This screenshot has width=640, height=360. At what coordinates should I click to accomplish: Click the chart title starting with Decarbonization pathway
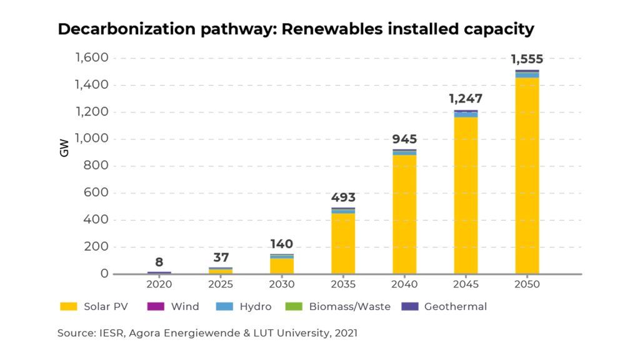click(296, 29)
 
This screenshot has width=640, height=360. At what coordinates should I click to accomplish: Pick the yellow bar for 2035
click(343, 244)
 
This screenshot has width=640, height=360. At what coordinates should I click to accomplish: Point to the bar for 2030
click(282, 266)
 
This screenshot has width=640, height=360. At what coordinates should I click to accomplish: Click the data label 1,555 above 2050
click(527, 60)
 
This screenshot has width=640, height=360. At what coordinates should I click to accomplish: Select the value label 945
click(404, 139)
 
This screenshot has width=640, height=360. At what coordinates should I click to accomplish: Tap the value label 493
click(343, 198)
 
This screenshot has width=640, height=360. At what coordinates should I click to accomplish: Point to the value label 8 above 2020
click(159, 262)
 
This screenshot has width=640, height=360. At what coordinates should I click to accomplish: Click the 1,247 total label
click(466, 99)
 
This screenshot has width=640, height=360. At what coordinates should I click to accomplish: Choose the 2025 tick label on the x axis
click(221, 284)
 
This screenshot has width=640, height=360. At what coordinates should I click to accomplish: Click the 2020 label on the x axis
click(159, 284)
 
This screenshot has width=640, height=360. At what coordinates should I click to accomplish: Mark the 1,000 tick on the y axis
click(92, 139)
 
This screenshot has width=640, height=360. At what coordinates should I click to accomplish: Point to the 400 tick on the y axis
click(97, 220)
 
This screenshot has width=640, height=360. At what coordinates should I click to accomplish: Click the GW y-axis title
click(64, 147)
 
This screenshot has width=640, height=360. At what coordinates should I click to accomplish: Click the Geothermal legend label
click(455, 307)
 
